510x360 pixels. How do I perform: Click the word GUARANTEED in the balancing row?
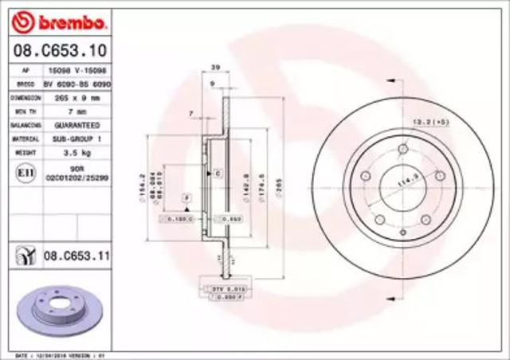(78, 124)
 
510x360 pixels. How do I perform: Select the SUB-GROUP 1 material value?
(78, 138)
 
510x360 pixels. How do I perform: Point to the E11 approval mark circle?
(25, 170)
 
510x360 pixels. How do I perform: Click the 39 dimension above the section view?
(213, 69)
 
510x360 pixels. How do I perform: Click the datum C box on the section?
(216, 172)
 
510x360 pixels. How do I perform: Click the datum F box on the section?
(186, 196)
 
